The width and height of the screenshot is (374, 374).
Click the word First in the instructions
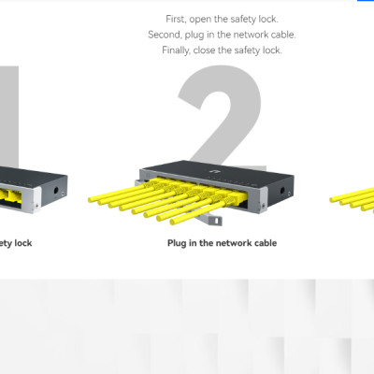[x=176, y=20]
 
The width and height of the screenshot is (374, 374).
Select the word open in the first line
[x=200, y=20]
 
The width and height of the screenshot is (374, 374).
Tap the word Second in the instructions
[x=165, y=35]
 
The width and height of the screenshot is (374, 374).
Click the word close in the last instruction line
[x=205, y=50]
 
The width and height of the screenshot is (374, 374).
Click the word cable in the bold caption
[x=266, y=243]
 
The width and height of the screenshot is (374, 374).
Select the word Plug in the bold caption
[x=177, y=243]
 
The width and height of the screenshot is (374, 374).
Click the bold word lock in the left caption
[x=23, y=243]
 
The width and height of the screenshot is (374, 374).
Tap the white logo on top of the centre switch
[x=213, y=171]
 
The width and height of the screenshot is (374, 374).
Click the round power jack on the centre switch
[x=282, y=190]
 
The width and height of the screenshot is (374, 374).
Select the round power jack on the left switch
[x=56, y=190]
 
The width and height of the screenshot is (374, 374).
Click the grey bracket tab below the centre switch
[x=215, y=221]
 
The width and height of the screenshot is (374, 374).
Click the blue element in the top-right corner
[x=366, y=1]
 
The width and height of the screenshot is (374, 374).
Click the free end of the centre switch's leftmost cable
[x=91, y=199]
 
